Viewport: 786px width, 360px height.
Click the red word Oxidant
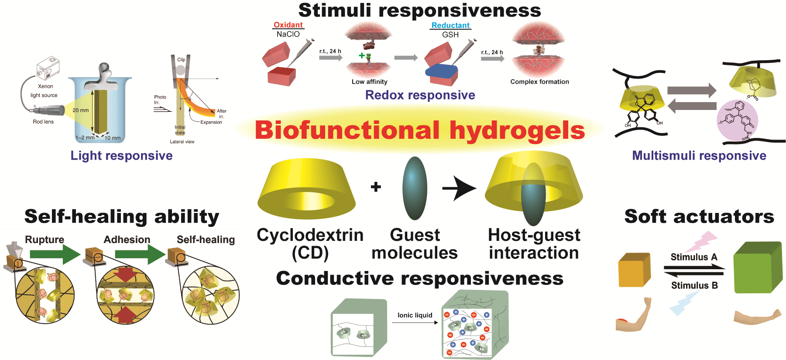pyautogui.click(x=288, y=25)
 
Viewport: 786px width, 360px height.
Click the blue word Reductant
pyautogui.click(x=450, y=25)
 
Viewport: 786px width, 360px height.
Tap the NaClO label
pyautogui.click(x=288, y=34)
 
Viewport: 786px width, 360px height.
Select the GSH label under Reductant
pyautogui.click(x=450, y=34)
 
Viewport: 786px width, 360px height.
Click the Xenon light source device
pyautogui.click(x=48, y=68)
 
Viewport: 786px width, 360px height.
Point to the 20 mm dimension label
pyautogui.click(x=81, y=110)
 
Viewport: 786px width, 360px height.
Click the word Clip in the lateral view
pyautogui.click(x=181, y=60)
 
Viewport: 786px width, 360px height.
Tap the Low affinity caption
pyautogui.click(x=369, y=82)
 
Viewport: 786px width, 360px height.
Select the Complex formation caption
pyautogui.click(x=539, y=82)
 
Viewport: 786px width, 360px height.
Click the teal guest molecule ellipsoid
pyautogui.click(x=415, y=188)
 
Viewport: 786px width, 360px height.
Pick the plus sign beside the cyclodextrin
pyautogui.click(x=376, y=187)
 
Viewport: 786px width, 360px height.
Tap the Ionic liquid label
pyautogui.click(x=415, y=315)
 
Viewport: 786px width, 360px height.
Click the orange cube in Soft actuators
pyautogui.click(x=634, y=270)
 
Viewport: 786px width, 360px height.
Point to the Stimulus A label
pyautogui.click(x=693, y=257)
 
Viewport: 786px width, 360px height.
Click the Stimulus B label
pyautogui.click(x=694, y=285)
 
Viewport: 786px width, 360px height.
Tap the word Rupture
pyautogui.click(x=45, y=240)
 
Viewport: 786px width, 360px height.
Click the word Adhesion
pyautogui.click(x=127, y=240)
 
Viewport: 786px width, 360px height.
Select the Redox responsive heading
pyautogui.click(x=420, y=95)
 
